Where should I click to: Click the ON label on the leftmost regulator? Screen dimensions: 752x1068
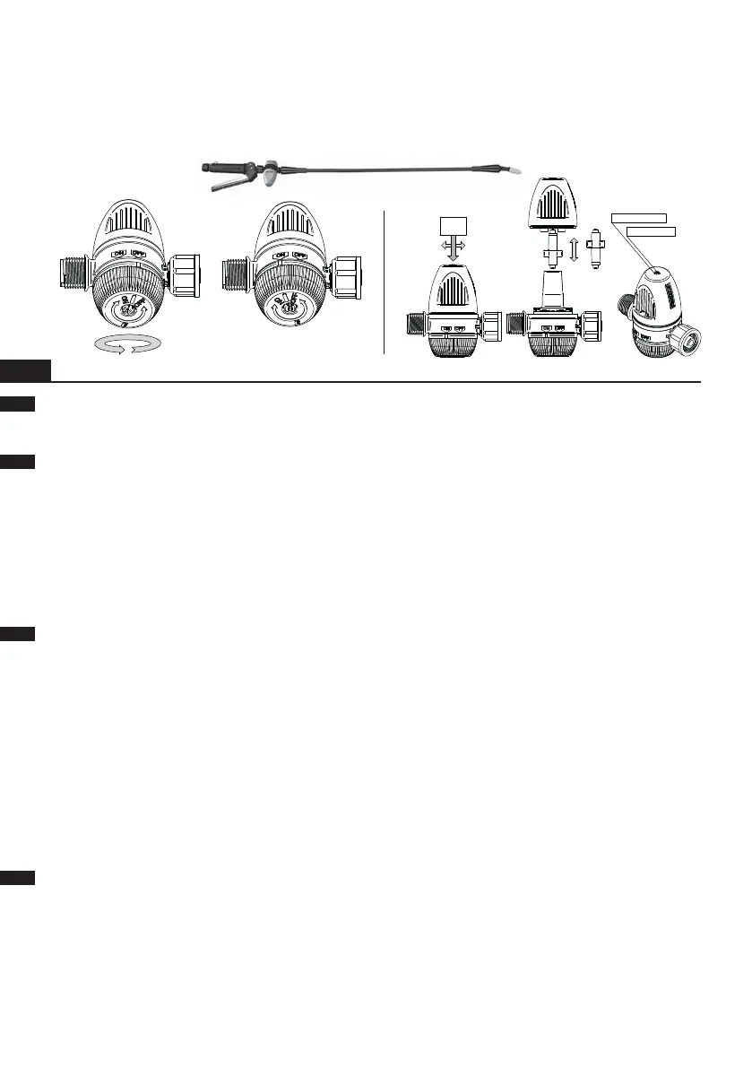coord(117,254)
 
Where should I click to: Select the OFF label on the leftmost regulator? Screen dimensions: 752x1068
coord(139,254)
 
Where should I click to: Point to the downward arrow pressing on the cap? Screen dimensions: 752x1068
coord(454,248)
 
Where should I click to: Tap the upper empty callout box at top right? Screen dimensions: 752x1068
coord(637,216)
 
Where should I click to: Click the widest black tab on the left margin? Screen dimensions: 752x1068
coord(26,369)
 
